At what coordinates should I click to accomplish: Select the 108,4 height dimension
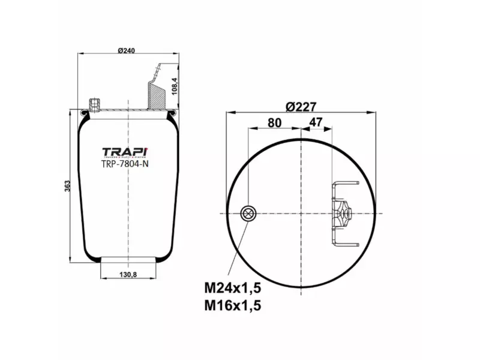175,86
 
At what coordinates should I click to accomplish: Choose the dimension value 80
274,122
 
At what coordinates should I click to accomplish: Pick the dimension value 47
316,122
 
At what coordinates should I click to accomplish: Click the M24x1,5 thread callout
233,289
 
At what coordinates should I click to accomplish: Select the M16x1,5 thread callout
233,306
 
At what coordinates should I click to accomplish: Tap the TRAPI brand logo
125,152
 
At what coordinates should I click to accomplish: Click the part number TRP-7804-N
125,164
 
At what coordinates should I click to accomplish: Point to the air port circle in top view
248,213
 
